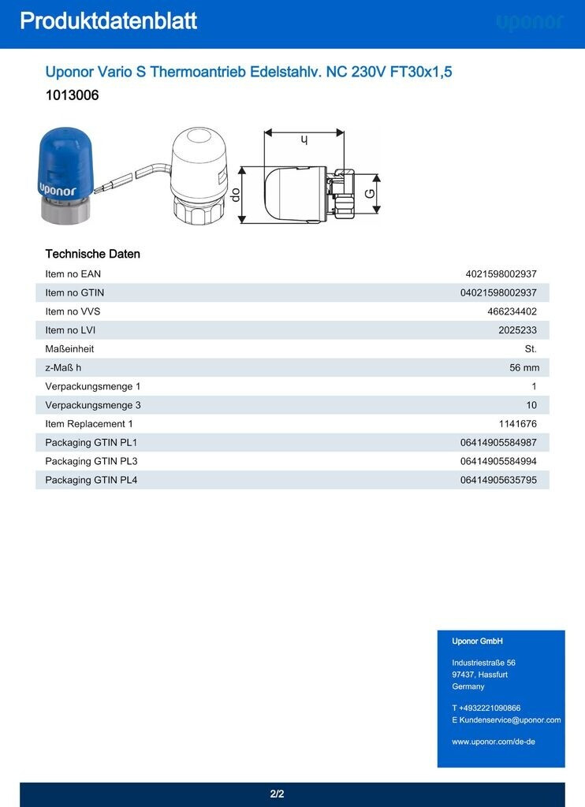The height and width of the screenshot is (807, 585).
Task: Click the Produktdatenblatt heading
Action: (108, 21)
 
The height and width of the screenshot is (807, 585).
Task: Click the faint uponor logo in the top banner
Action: (530, 23)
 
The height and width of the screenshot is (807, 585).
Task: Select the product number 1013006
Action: (72, 95)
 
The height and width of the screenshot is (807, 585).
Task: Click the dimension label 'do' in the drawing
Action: (235, 193)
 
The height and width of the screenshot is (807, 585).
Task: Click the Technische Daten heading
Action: (92, 254)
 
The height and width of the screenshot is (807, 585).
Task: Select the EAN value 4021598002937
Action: (501, 273)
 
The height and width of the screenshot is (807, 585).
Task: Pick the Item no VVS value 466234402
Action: (512, 311)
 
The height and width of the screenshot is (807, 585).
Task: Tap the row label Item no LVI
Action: (70, 330)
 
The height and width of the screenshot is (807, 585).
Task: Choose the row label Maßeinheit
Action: (69, 348)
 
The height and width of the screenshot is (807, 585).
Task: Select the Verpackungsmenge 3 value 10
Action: (531, 405)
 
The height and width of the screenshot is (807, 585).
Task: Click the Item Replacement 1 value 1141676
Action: (517, 424)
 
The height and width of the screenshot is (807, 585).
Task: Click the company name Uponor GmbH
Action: (477, 642)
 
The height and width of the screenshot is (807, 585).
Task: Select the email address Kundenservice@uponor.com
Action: (510, 720)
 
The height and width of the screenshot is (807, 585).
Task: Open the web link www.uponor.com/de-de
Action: (494, 742)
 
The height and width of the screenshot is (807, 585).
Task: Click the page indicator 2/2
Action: (277, 794)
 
